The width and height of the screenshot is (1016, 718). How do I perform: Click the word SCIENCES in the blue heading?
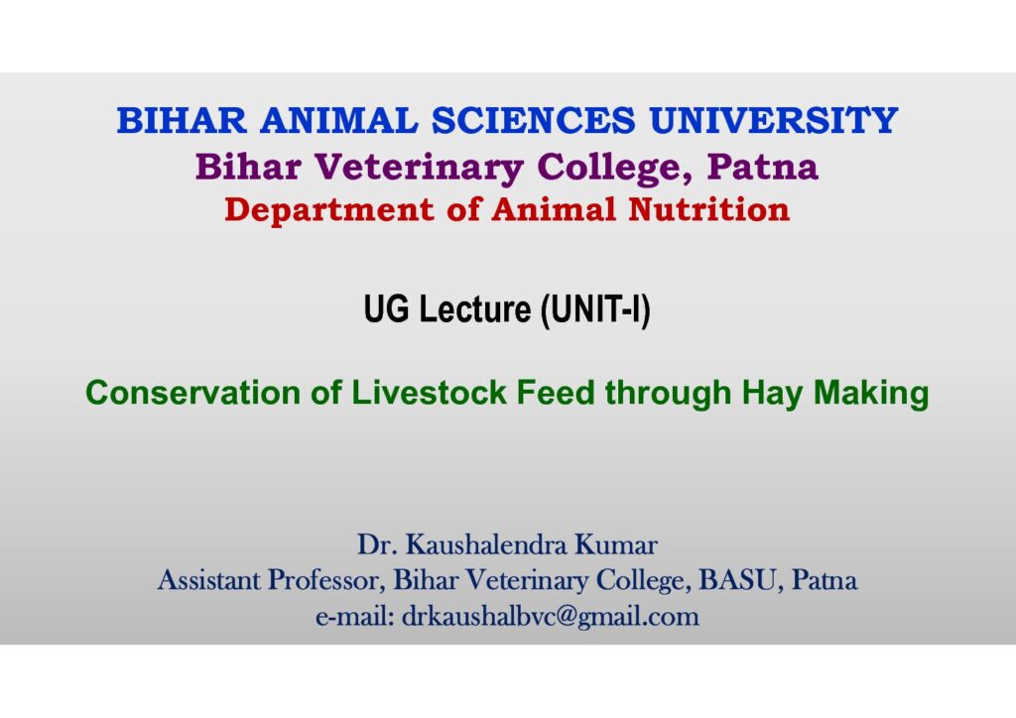pos(533,120)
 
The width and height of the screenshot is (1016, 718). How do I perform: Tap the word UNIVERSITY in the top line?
pos(774,120)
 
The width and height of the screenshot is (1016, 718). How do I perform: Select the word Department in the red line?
pos(329,210)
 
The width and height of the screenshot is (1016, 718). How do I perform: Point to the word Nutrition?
pos(708,210)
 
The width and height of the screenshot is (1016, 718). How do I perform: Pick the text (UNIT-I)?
pos(596,310)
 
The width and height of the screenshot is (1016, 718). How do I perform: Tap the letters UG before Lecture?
pos(386,308)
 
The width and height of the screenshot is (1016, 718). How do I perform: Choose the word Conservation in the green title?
pos(193,393)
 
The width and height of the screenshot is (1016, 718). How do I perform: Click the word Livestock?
pos(429,393)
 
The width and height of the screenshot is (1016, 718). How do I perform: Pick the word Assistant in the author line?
pos(208,580)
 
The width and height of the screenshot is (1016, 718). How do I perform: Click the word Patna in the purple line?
pos(763,167)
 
